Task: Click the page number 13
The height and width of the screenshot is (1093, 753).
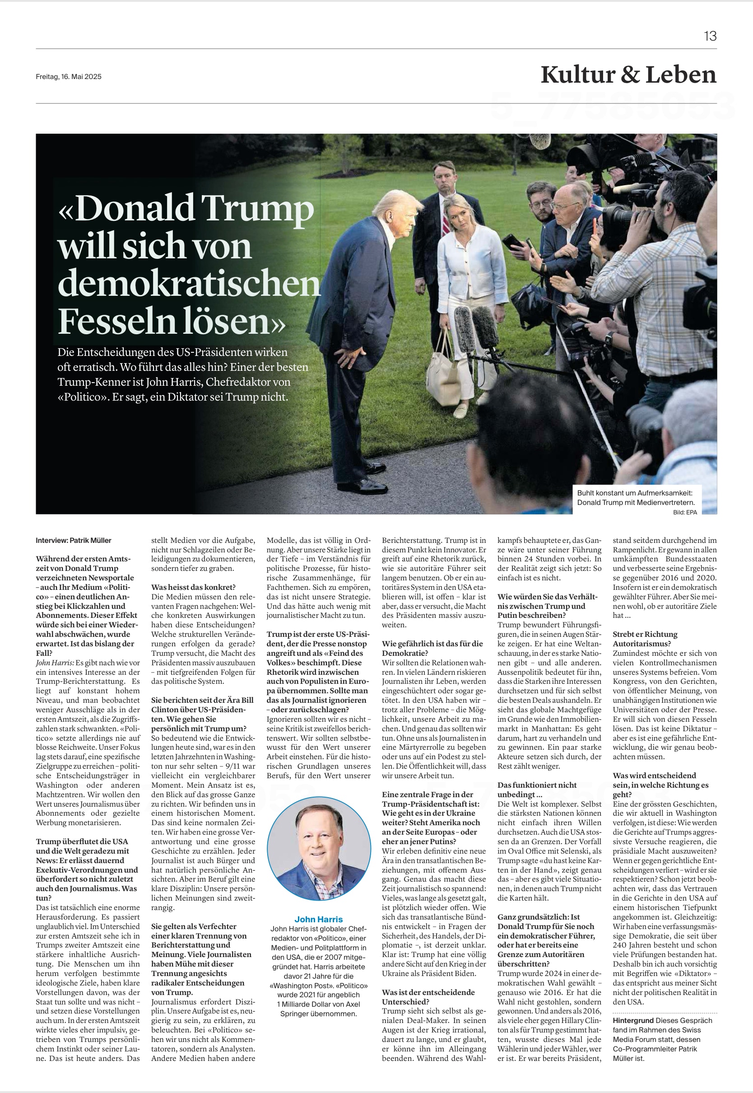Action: tap(710, 36)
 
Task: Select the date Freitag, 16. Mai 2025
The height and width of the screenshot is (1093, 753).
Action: tap(69, 76)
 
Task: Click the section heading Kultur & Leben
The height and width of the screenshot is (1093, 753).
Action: tap(628, 75)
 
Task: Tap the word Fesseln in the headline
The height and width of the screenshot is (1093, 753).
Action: tap(116, 321)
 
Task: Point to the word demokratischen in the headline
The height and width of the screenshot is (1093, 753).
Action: tap(189, 284)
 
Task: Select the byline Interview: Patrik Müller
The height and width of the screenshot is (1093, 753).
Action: tap(73, 540)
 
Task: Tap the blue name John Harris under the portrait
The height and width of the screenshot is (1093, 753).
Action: tap(318, 919)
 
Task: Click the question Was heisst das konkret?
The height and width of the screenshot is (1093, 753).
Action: tap(193, 587)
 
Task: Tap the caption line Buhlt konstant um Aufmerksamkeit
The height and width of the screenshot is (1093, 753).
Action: tap(637, 493)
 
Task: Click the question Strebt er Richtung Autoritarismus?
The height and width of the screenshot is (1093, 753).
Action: tap(645, 639)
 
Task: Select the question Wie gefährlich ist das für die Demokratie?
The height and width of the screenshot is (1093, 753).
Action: tap(432, 648)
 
